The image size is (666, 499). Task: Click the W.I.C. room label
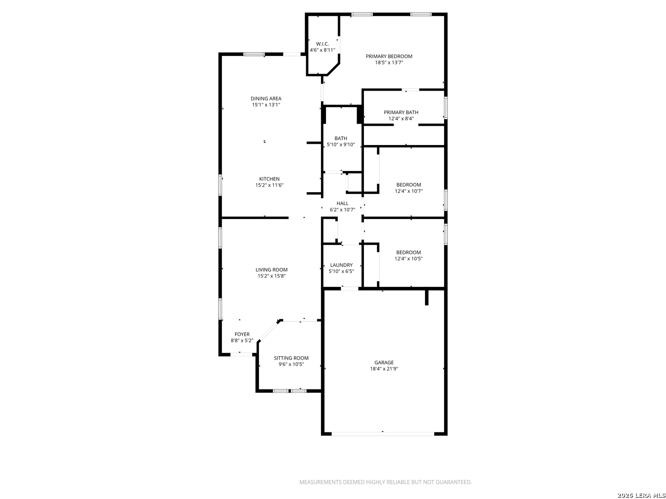click(x=322, y=44)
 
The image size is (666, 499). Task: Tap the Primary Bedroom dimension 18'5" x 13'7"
click(x=388, y=63)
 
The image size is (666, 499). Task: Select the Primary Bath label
click(x=401, y=112)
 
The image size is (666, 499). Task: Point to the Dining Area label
click(x=266, y=98)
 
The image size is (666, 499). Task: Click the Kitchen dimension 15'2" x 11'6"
click(x=269, y=185)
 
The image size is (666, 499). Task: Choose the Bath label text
click(x=341, y=139)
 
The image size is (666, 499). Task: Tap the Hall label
click(x=342, y=203)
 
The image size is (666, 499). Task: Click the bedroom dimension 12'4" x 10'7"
click(x=408, y=191)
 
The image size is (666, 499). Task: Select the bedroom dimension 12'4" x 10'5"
click(x=408, y=259)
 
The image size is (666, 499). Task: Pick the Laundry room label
click(x=341, y=265)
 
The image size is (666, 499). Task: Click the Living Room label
click(x=271, y=270)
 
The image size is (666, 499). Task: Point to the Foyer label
click(x=242, y=334)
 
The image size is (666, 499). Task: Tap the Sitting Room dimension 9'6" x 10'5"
click(x=291, y=365)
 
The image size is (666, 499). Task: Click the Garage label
click(x=384, y=362)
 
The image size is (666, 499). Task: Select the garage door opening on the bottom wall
click(x=383, y=434)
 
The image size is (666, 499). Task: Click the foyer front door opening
click(x=241, y=354)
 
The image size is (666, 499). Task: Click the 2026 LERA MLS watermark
click(x=641, y=495)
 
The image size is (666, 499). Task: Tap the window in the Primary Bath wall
click(x=445, y=108)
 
